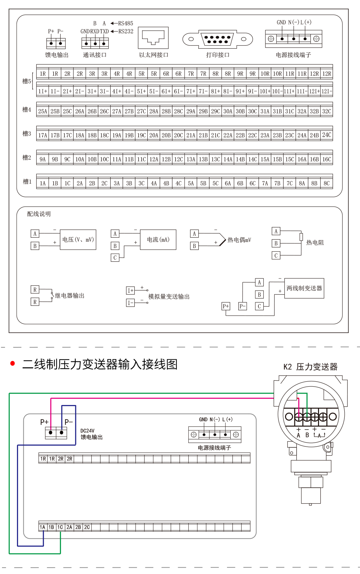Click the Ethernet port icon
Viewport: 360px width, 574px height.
pyautogui.click(x=153, y=38)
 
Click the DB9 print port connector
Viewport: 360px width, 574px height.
pyautogui.click(x=218, y=39)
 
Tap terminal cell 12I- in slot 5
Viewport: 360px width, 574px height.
pyautogui.click(x=327, y=91)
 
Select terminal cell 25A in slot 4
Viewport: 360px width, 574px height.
pyautogui.click(x=43, y=111)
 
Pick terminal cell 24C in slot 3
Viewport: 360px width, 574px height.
pyautogui.click(x=327, y=135)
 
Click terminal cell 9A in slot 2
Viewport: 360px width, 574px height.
pyautogui.click(x=43, y=159)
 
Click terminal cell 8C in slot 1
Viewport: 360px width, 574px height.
pyautogui.click(x=327, y=183)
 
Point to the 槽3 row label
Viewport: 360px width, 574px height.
pyautogui.click(x=27, y=134)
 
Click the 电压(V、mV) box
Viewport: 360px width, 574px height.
pyautogui.click(x=78, y=240)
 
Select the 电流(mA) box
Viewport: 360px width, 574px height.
pyautogui.click(x=158, y=240)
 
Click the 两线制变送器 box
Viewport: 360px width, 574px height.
pyautogui.click(x=304, y=288)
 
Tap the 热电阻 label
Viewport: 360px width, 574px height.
pyautogui.click(x=315, y=243)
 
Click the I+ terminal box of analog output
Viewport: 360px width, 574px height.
pyautogui.click(x=130, y=291)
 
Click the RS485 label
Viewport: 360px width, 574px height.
pyautogui.click(x=126, y=23)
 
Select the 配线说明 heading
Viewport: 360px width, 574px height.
pyautogui.click(x=39, y=214)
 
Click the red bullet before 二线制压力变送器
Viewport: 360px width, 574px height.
pyautogui.click(x=13, y=363)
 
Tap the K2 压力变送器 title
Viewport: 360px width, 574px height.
pyautogui.click(x=310, y=367)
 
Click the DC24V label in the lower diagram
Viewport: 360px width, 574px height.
pyautogui.click(x=87, y=431)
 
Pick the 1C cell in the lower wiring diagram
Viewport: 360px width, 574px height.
pyautogui.click(x=60, y=527)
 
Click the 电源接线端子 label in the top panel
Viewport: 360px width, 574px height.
pyautogui.click(x=293, y=55)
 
